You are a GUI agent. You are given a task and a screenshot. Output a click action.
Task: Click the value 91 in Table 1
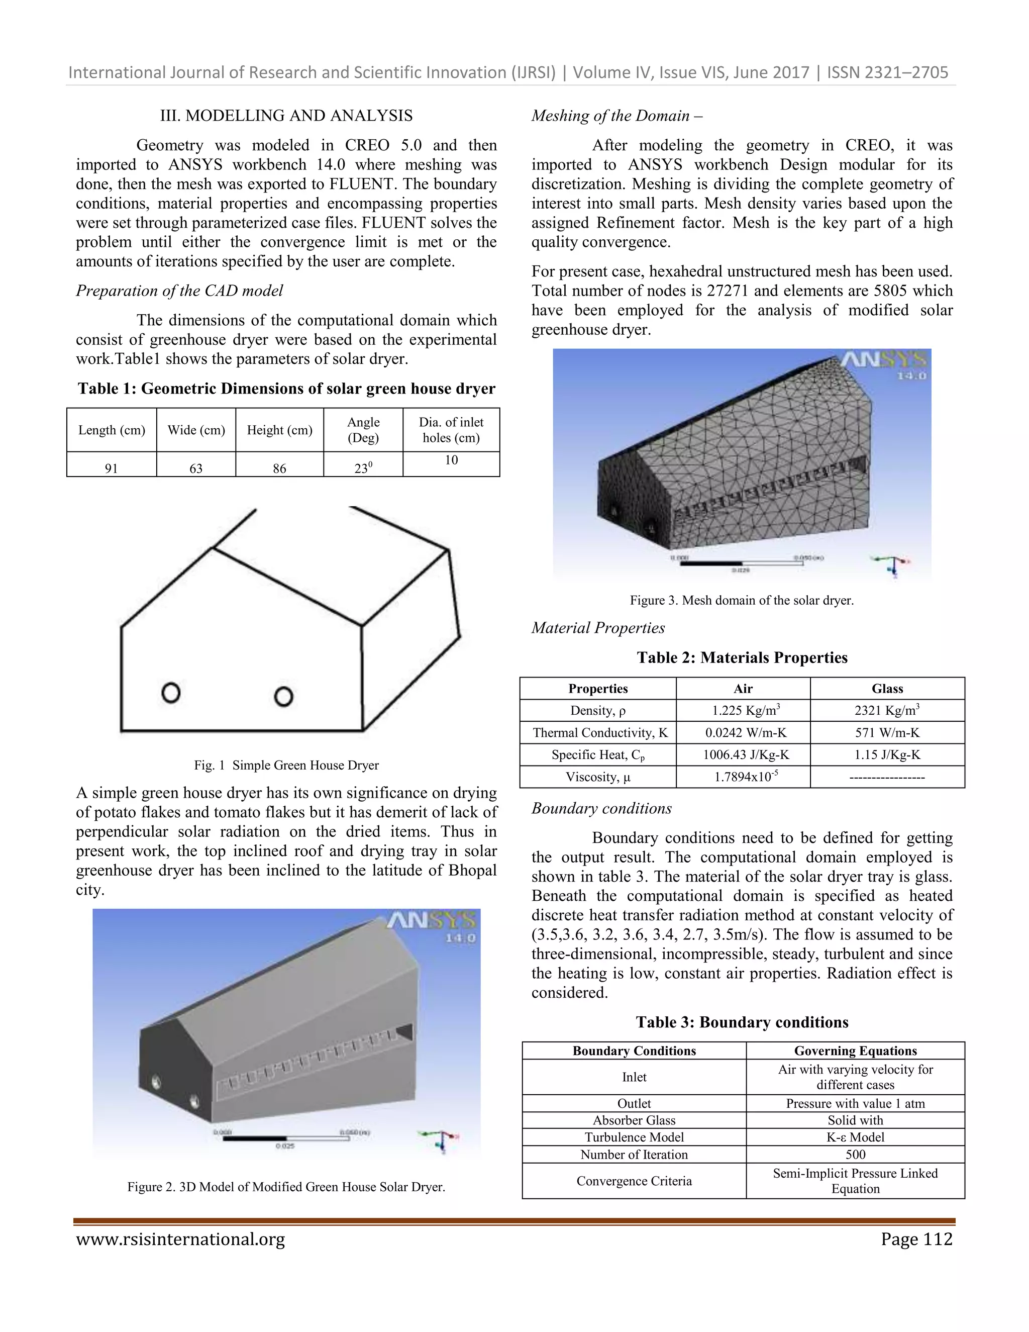click(111, 468)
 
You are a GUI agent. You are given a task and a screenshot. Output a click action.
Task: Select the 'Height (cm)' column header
click(279, 430)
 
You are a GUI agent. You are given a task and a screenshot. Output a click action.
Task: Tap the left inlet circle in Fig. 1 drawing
click(171, 693)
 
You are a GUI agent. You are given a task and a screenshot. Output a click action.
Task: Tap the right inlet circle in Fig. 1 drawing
click(283, 697)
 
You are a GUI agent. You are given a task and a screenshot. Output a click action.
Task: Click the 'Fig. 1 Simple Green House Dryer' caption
click(286, 765)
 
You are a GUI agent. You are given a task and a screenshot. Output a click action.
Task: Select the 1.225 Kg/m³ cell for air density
click(743, 711)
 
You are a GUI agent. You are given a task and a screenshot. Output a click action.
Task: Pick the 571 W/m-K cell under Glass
click(887, 732)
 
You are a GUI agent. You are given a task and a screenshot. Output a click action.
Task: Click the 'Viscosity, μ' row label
click(597, 777)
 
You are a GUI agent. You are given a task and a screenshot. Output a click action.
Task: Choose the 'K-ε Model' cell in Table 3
click(855, 1137)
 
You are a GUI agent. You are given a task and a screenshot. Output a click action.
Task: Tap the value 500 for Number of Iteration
click(855, 1154)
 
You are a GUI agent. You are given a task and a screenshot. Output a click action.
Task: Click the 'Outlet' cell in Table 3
click(634, 1103)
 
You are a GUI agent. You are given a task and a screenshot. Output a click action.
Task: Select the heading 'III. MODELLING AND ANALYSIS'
click(286, 115)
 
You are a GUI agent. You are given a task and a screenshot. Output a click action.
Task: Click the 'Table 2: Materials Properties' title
click(742, 657)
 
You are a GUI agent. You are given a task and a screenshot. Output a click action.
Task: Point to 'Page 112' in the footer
click(915, 1240)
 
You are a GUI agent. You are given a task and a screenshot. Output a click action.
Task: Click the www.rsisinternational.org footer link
click(180, 1240)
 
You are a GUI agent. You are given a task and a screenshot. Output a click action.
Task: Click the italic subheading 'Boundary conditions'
click(601, 808)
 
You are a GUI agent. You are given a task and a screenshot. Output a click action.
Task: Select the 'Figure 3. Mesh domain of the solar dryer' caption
click(741, 600)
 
